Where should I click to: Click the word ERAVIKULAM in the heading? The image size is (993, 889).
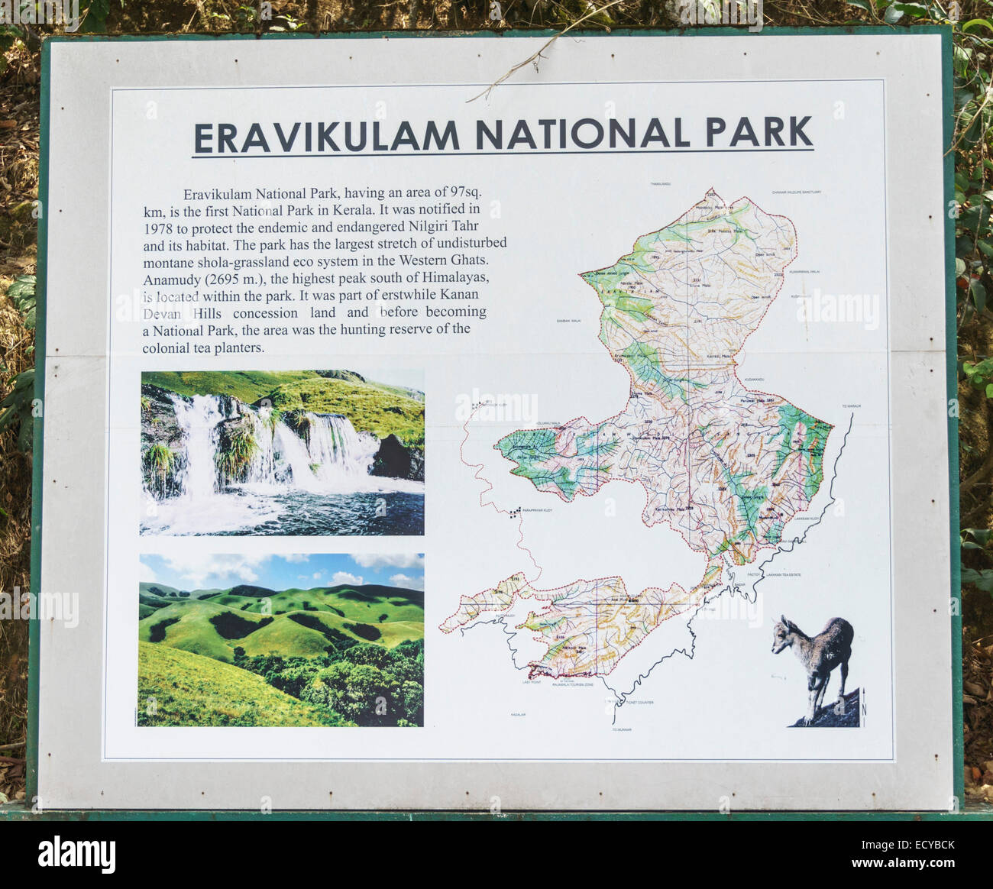click(x=327, y=136)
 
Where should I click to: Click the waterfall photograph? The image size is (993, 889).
click(x=282, y=452)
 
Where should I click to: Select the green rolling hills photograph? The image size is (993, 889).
click(x=281, y=640)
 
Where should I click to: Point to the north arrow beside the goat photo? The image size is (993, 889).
click(x=865, y=702)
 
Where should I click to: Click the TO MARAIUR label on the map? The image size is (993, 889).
click(x=851, y=406)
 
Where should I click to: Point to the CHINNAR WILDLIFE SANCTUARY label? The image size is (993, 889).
click(x=796, y=192)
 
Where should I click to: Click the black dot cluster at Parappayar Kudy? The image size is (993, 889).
click(x=516, y=511)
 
